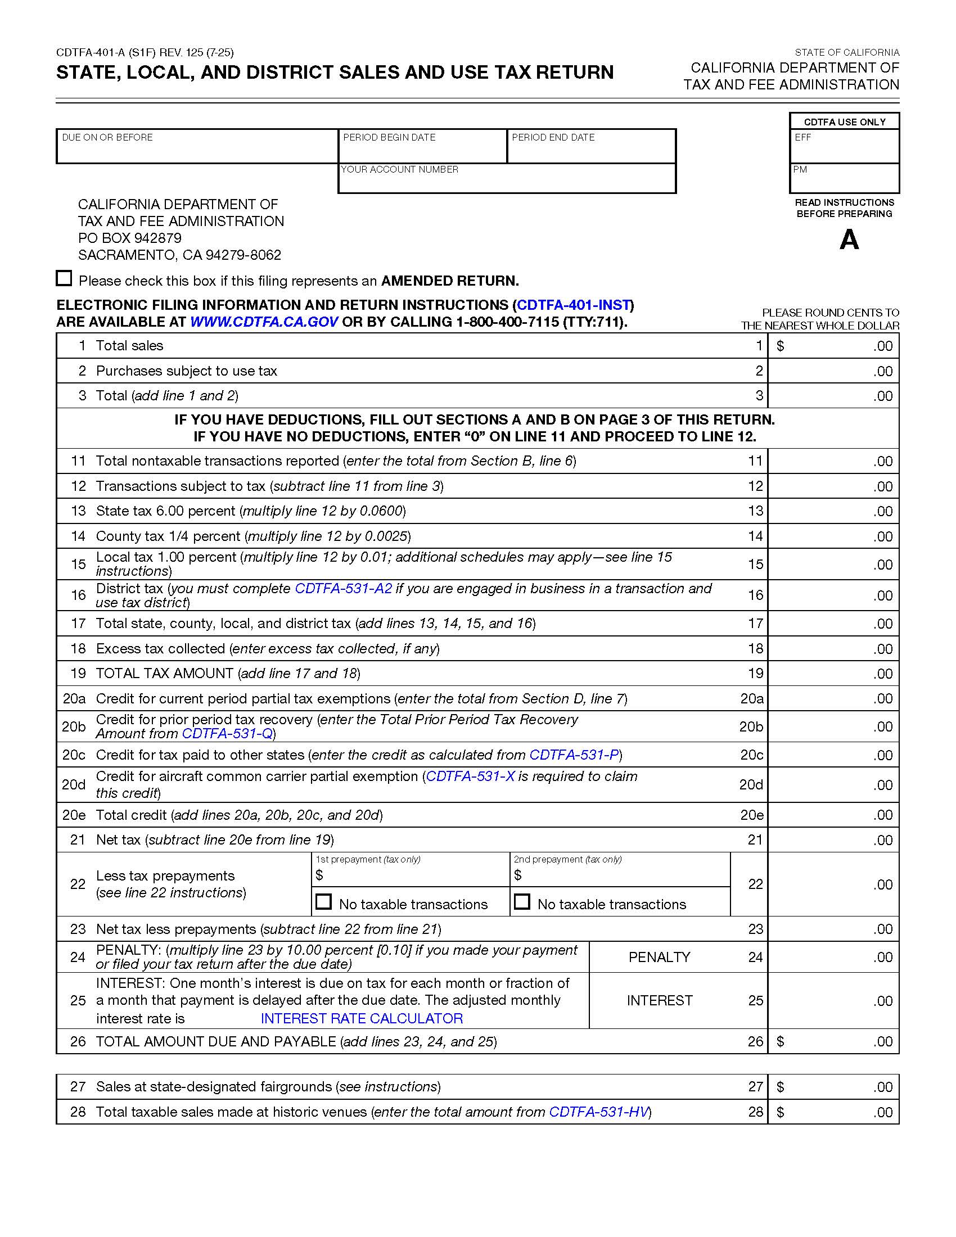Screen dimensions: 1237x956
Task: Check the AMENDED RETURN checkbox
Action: click(x=64, y=278)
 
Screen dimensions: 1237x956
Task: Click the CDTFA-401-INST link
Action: click(x=574, y=305)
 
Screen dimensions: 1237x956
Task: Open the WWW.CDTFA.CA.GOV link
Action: click(x=263, y=322)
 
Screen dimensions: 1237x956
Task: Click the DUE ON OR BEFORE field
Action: click(x=196, y=151)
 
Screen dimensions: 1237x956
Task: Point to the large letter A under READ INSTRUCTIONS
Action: click(x=849, y=240)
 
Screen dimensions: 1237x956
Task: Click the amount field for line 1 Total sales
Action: click(x=832, y=346)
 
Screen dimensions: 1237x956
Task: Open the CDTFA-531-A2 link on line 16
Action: click(x=343, y=589)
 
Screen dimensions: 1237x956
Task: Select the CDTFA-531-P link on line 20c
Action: click(x=574, y=755)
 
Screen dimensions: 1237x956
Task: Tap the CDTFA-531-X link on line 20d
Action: click(x=470, y=776)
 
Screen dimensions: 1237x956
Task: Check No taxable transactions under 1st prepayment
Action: click(x=323, y=902)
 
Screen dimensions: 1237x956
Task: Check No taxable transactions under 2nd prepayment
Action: click(x=522, y=902)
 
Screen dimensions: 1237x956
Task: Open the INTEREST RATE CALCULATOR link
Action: click(x=362, y=1018)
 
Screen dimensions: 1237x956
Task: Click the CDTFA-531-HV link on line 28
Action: click(x=598, y=1112)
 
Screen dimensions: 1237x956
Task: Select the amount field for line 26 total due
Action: click(x=832, y=1041)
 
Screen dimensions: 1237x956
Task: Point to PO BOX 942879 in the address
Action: click(x=130, y=238)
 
